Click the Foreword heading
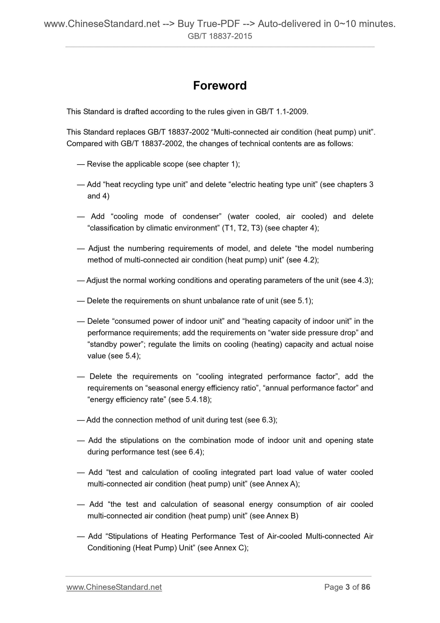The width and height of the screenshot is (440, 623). point(220,86)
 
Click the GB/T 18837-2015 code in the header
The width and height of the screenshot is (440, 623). point(220,37)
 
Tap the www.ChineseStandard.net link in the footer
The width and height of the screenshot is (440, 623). point(114,587)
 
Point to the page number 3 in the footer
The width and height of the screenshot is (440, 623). point(347,587)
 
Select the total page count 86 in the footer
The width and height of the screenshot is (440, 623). point(366,587)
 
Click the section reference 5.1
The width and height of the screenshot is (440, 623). point(303,301)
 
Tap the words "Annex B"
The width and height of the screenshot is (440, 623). point(281,516)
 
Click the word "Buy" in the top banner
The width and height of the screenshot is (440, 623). point(186,23)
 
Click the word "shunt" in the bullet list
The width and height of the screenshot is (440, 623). point(191,301)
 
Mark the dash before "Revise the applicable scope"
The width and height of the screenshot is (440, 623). point(81,164)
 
